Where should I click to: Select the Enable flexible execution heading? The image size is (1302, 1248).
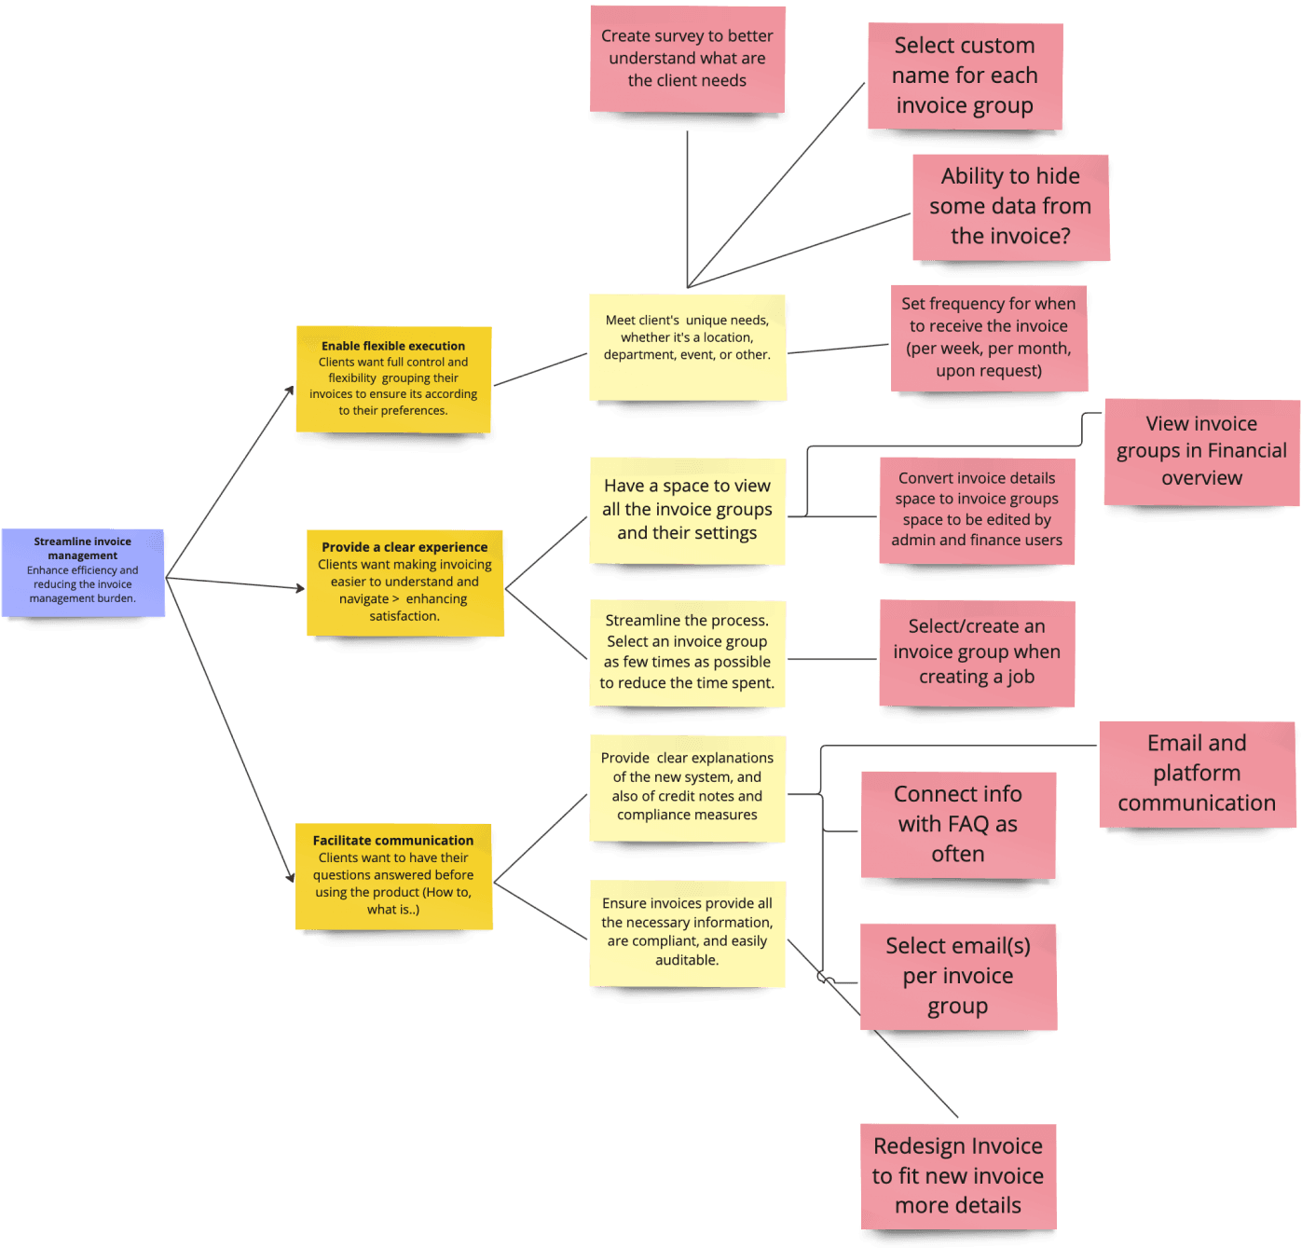click(x=393, y=346)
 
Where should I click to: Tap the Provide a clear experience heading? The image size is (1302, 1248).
click(x=404, y=547)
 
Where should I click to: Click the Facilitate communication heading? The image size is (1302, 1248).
click(x=393, y=841)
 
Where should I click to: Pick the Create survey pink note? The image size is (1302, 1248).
click(x=687, y=59)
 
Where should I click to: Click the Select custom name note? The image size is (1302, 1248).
click(x=965, y=75)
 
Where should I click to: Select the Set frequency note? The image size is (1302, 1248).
click(x=989, y=337)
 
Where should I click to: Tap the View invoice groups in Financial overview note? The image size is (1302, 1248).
click(x=1201, y=451)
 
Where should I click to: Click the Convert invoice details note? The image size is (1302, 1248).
click(x=977, y=510)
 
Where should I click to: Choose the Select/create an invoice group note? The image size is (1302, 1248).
click(x=977, y=652)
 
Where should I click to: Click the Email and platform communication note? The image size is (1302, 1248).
click(x=1197, y=774)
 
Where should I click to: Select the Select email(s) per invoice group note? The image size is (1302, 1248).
click(x=958, y=976)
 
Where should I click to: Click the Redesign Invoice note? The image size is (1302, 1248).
click(x=958, y=1176)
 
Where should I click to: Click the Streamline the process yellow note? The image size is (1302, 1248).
click(x=687, y=652)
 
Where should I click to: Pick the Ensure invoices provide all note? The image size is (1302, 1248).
click(x=687, y=932)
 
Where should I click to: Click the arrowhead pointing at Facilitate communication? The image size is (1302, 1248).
click(x=291, y=877)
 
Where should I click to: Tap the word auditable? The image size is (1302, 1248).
click(x=687, y=961)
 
